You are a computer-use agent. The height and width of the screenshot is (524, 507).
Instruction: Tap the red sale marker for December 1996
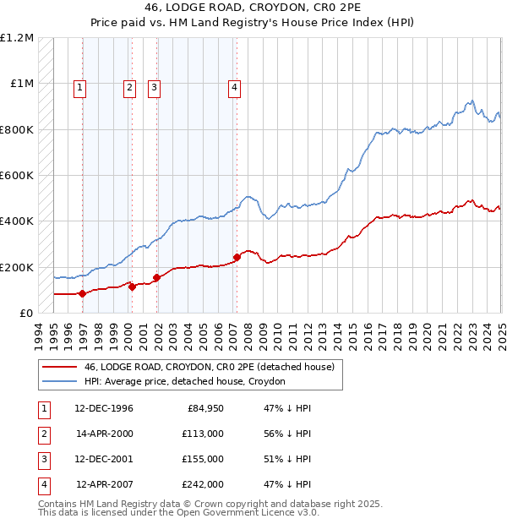pyautogui.click(x=82, y=294)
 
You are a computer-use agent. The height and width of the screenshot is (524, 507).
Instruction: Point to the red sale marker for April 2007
pyautogui.click(x=237, y=257)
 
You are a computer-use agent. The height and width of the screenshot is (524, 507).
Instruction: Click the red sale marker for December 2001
pyautogui.click(x=156, y=277)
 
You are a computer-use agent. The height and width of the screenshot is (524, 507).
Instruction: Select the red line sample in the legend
pyautogui.click(x=58, y=368)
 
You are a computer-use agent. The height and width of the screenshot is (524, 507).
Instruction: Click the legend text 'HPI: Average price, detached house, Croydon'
pyautogui.click(x=184, y=382)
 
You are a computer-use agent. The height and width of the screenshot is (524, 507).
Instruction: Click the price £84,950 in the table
pyautogui.click(x=202, y=408)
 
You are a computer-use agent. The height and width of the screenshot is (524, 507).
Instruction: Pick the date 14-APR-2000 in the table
pyautogui.click(x=104, y=433)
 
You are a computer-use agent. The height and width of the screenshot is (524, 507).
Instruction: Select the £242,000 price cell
pyautogui.click(x=202, y=484)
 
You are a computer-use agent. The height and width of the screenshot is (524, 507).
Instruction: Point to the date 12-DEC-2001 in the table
pyautogui.click(x=104, y=459)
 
